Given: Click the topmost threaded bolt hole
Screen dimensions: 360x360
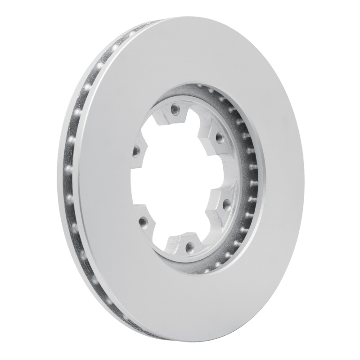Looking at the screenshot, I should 175,108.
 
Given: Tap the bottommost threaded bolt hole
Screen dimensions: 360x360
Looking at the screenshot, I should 189,246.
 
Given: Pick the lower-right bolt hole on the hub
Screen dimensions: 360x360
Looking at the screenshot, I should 225,205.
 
